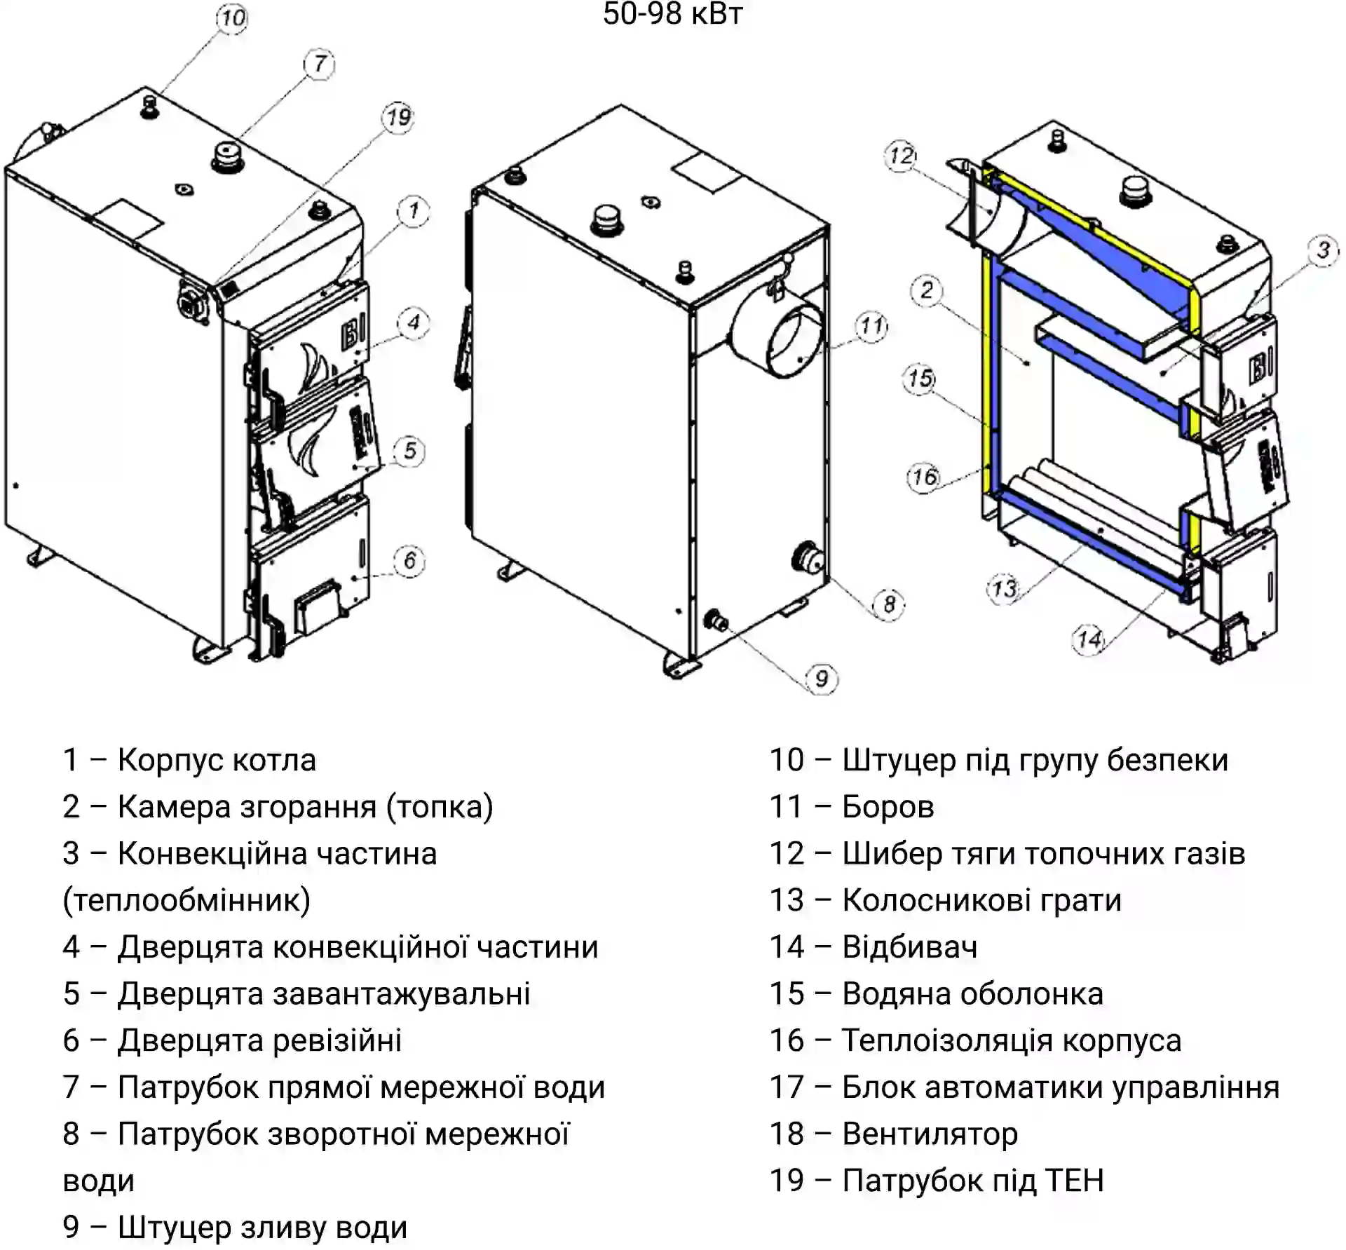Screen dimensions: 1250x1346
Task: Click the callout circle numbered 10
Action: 232,18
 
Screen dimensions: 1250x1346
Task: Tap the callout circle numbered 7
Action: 320,64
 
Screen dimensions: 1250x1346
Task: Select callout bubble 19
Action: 399,116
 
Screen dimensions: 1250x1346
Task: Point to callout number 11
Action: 871,326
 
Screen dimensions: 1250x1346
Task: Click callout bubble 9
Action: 822,678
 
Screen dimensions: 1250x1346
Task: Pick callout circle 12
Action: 902,156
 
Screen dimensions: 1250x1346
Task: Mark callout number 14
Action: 1089,639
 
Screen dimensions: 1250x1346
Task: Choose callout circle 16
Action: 924,477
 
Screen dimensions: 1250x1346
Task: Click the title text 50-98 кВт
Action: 672,14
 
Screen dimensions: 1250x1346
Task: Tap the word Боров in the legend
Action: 888,807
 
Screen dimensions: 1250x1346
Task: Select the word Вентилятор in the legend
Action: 930,1134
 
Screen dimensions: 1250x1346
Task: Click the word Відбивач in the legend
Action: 909,947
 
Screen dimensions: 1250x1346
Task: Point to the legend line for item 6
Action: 232,1040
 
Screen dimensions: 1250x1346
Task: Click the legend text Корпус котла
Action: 217,760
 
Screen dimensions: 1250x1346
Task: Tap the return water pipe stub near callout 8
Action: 808,557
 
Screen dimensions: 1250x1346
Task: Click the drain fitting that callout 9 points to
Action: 716,620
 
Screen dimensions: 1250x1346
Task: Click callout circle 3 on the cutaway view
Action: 1323,250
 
